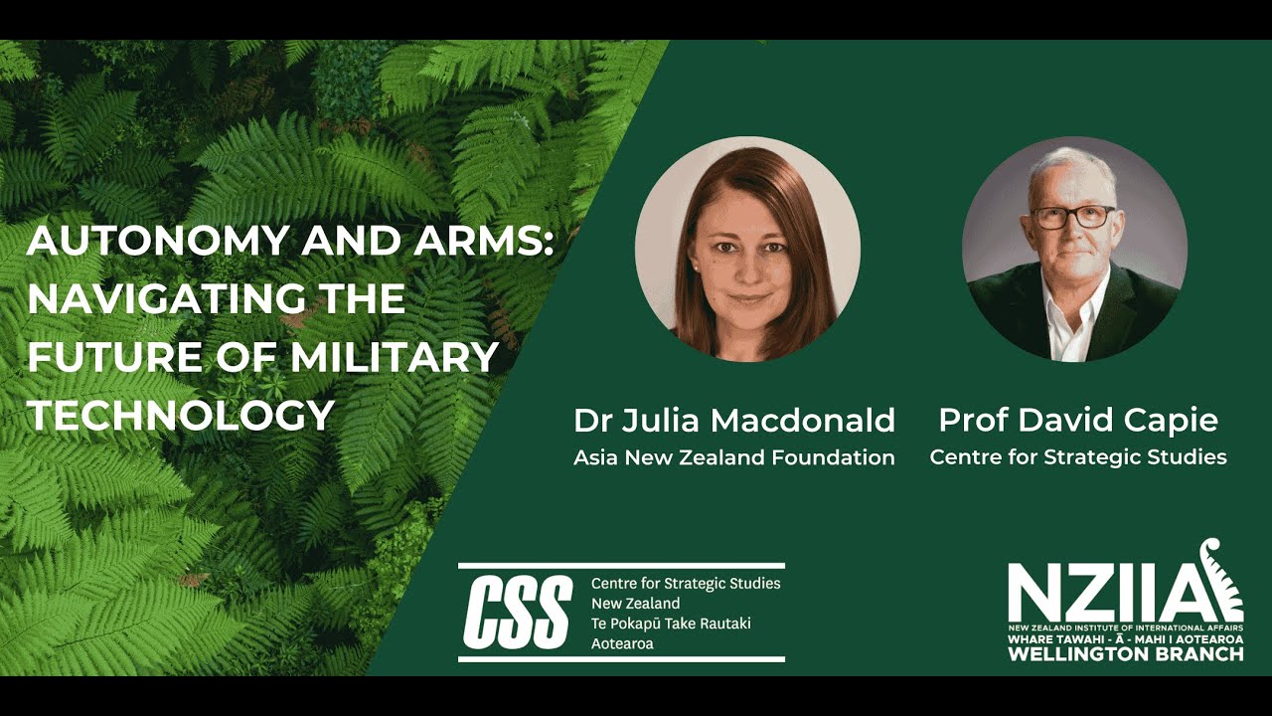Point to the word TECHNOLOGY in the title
coord(180,415)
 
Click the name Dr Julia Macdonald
coord(734,421)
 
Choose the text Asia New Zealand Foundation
coord(734,458)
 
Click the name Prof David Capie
coord(1078,421)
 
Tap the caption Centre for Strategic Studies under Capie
coord(1078,458)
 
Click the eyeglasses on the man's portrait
coord(1073,217)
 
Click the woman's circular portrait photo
coord(747,249)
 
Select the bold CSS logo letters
coord(518,613)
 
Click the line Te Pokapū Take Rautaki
coord(671,624)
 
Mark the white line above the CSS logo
coord(621,565)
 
